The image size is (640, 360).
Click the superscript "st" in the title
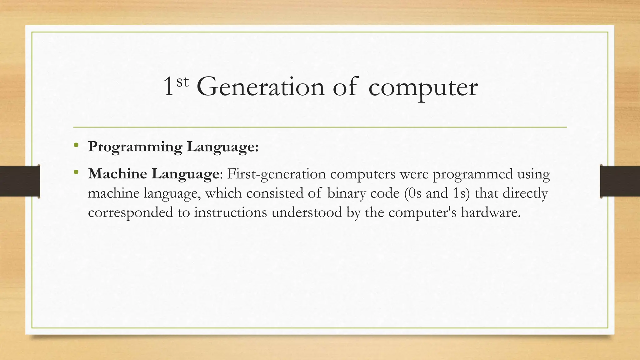183,82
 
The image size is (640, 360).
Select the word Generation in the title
261,87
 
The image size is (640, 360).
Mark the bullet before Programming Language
76,145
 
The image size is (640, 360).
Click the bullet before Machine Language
76,172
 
